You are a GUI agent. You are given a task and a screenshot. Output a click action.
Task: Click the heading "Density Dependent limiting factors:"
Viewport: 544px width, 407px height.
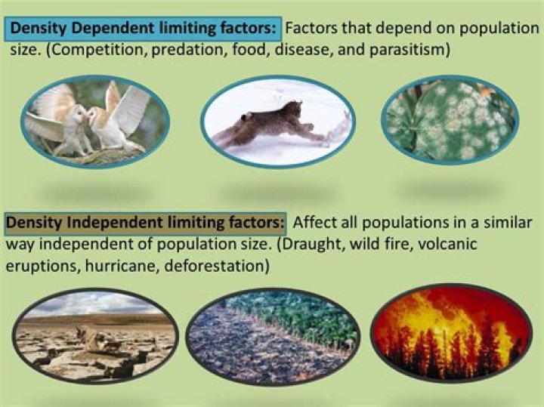coord(145,29)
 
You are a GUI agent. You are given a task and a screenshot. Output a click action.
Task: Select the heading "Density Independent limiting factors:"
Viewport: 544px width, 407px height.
coord(145,224)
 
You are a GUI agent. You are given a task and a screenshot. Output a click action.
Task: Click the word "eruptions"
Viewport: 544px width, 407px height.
coord(36,267)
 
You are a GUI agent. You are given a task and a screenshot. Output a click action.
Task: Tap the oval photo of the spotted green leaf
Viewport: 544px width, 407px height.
coord(451,121)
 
